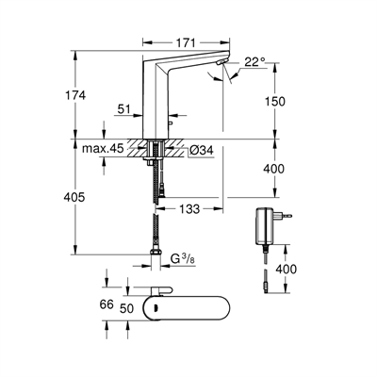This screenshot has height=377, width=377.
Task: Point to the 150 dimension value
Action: (x=275, y=101)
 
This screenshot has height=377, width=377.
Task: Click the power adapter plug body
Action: (x=264, y=225)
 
